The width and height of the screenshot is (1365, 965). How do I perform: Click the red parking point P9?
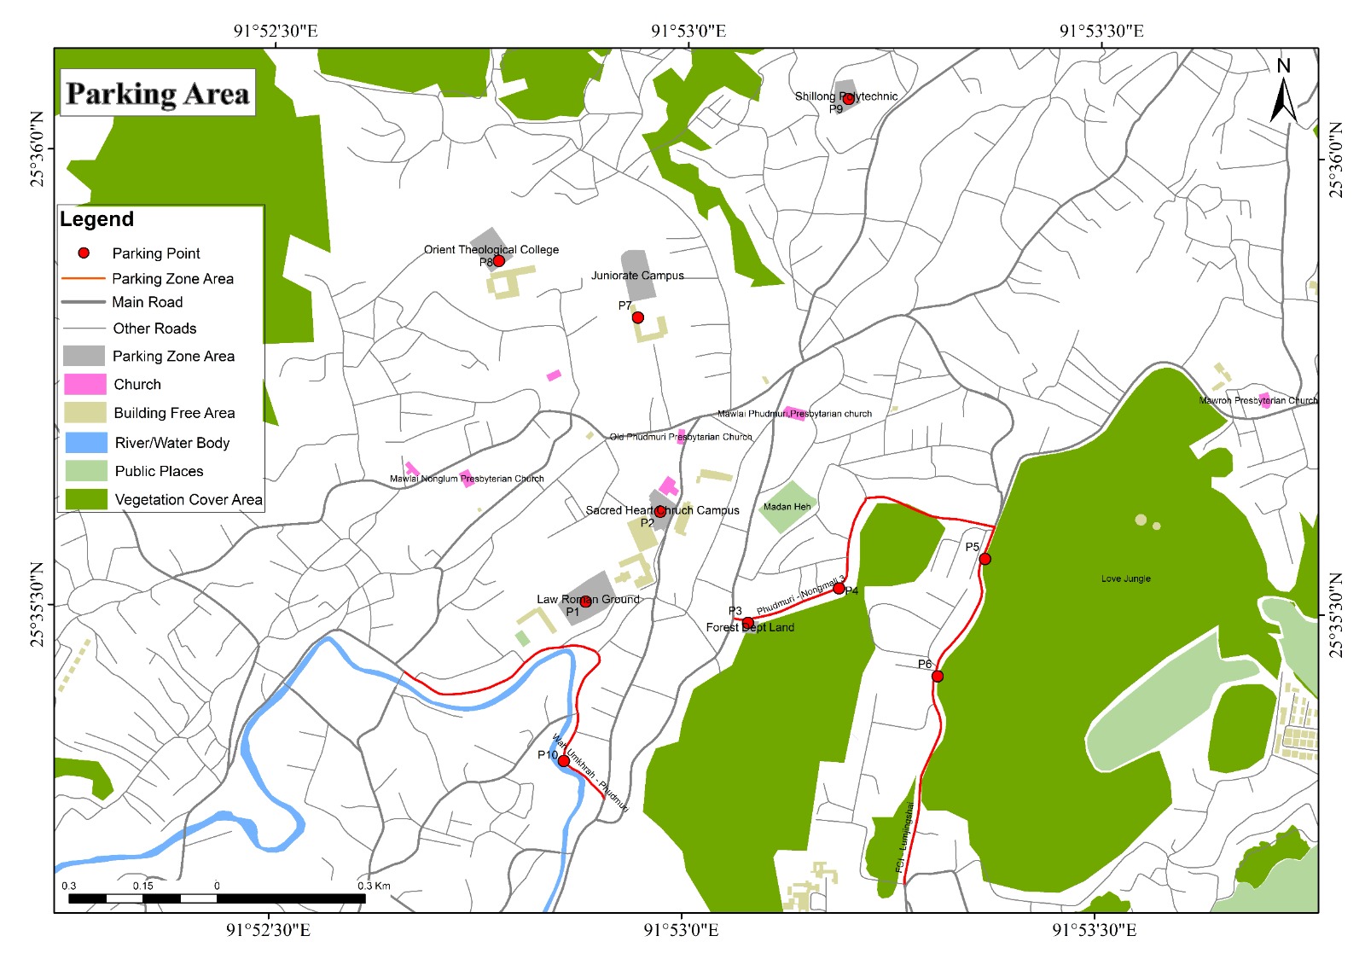click(x=848, y=99)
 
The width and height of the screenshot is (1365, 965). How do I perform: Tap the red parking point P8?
click(x=499, y=260)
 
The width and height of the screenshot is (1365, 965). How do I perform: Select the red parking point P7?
click(x=637, y=317)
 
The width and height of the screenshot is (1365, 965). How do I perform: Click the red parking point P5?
click(x=985, y=559)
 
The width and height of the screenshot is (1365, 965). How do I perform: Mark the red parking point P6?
click(x=937, y=677)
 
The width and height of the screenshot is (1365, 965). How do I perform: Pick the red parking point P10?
click(x=563, y=760)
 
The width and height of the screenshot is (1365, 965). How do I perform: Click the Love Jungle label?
click(x=1125, y=578)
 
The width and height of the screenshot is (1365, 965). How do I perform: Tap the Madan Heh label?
click(x=787, y=507)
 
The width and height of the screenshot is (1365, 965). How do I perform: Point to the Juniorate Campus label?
click(x=637, y=276)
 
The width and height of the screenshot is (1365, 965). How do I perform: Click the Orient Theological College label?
click(x=491, y=250)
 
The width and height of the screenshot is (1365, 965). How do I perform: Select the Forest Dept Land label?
click(x=750, y=627)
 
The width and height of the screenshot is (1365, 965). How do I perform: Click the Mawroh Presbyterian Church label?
click(x=1258, y=400)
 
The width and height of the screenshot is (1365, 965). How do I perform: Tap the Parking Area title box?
click(x=158, y=93)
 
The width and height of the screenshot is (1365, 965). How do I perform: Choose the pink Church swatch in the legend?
click(x=85, y=384)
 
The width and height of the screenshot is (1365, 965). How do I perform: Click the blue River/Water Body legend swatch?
click(x=85, y=442)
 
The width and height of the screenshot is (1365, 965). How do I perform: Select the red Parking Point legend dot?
click(x=84, y=253)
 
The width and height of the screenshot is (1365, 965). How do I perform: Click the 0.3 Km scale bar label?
click(x=374, y=886)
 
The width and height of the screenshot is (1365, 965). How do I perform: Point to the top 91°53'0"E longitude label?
click(x=688, y=32)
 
